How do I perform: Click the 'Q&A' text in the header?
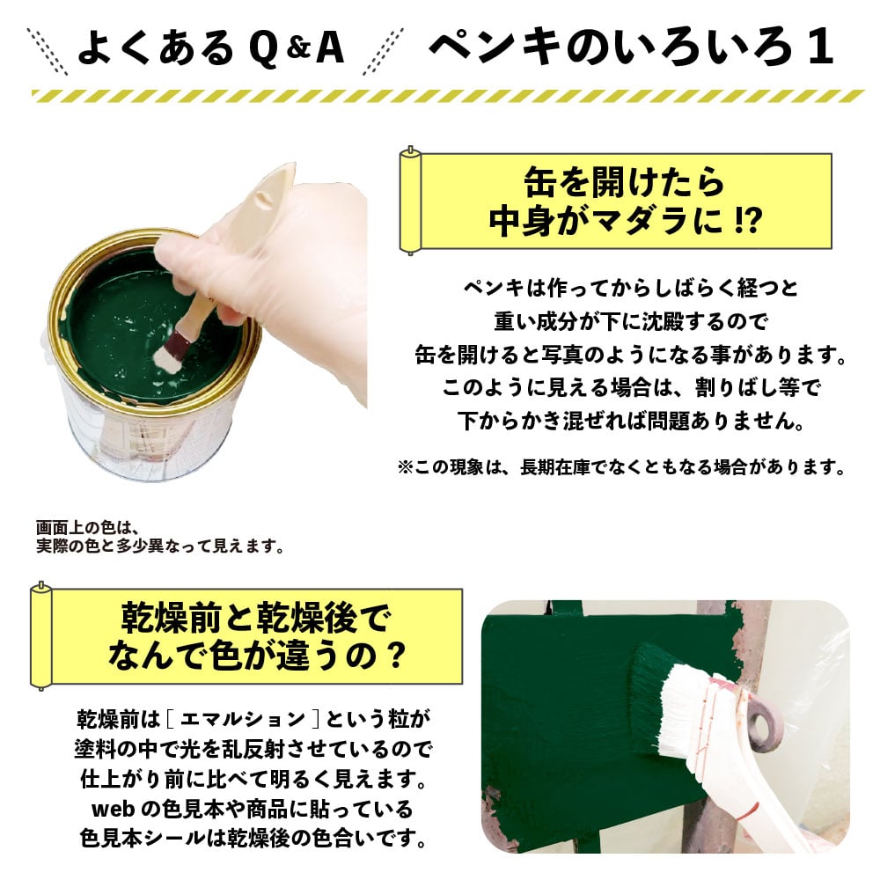point(297,48)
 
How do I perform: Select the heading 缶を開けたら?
point(624,182)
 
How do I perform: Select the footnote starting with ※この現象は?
point(621,467)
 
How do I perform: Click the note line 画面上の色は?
point(87,527)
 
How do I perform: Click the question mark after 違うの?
point(396,655)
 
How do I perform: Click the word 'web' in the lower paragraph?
point(113,809)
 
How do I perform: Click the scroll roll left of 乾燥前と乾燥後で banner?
point(41,636)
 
